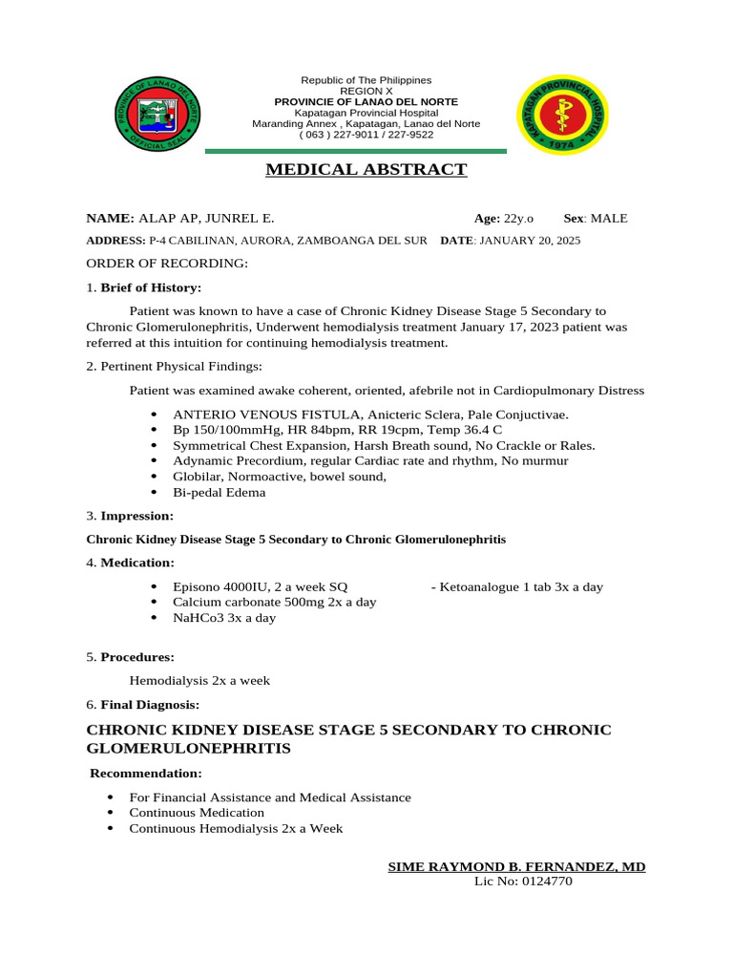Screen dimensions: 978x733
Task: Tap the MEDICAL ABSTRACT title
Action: [366, 170]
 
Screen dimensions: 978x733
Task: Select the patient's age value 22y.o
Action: [518, 219]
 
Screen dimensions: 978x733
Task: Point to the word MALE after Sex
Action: [609, 219]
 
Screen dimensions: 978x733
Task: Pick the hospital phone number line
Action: [366, 135]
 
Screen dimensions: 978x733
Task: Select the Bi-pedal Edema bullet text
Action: [219, 493]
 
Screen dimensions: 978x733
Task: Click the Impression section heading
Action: [137, 516]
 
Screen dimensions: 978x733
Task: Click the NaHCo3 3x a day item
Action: [223, 618]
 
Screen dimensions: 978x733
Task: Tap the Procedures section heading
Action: [137, 657]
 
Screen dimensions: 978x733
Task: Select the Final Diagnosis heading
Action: [150, 705]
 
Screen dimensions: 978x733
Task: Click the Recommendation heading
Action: [146, 773]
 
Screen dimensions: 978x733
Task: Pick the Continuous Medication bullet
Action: [197, 813]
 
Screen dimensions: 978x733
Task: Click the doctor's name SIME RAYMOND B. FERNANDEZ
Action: [516, 866]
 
